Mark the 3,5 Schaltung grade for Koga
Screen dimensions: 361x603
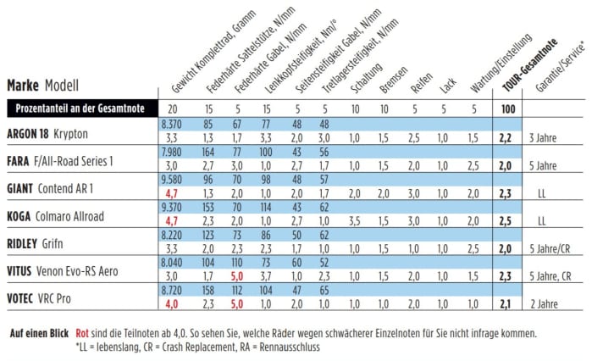click(354, 223)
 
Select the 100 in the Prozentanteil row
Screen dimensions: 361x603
click(506, 108)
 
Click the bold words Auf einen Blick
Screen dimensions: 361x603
click(39, 334)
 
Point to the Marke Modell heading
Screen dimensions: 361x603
click(42, 85)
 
